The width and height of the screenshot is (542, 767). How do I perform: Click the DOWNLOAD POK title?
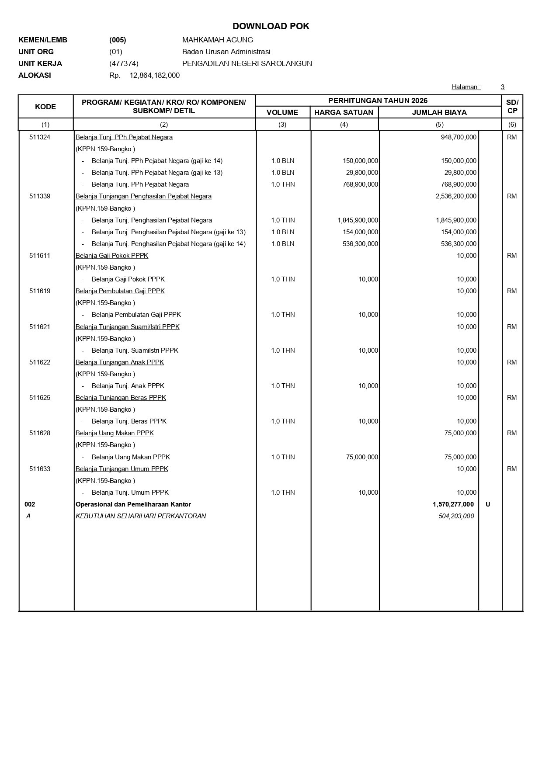(271, 26)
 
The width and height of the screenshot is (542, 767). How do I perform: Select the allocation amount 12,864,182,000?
(154, 75)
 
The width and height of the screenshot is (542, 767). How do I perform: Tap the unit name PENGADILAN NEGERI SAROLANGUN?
(247, 63)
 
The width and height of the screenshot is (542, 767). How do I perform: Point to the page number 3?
(503, 87)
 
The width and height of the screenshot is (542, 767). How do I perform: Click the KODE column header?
(45, 107)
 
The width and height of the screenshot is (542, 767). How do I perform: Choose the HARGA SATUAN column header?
(344, 112)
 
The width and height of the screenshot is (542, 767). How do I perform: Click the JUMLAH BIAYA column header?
(439, 112)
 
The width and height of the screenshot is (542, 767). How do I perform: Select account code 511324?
(40, 137)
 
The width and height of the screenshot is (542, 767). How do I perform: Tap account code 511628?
(40, 433)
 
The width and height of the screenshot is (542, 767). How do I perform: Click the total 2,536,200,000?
(456, 196)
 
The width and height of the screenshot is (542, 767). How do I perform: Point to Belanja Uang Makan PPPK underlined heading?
(115, 433)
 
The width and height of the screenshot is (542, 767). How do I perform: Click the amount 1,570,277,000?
(453, 504)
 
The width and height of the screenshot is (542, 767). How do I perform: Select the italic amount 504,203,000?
(456, 516)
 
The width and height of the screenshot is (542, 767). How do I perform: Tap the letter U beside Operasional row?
(488, 504)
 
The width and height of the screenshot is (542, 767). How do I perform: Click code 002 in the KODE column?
(30, 504)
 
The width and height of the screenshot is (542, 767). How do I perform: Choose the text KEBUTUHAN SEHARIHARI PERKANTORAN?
(141, 516)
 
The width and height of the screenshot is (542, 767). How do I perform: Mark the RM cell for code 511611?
(512, 256)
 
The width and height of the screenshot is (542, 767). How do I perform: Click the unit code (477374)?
(124, 63)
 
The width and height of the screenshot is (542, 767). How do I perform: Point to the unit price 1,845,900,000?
(358, 220)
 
